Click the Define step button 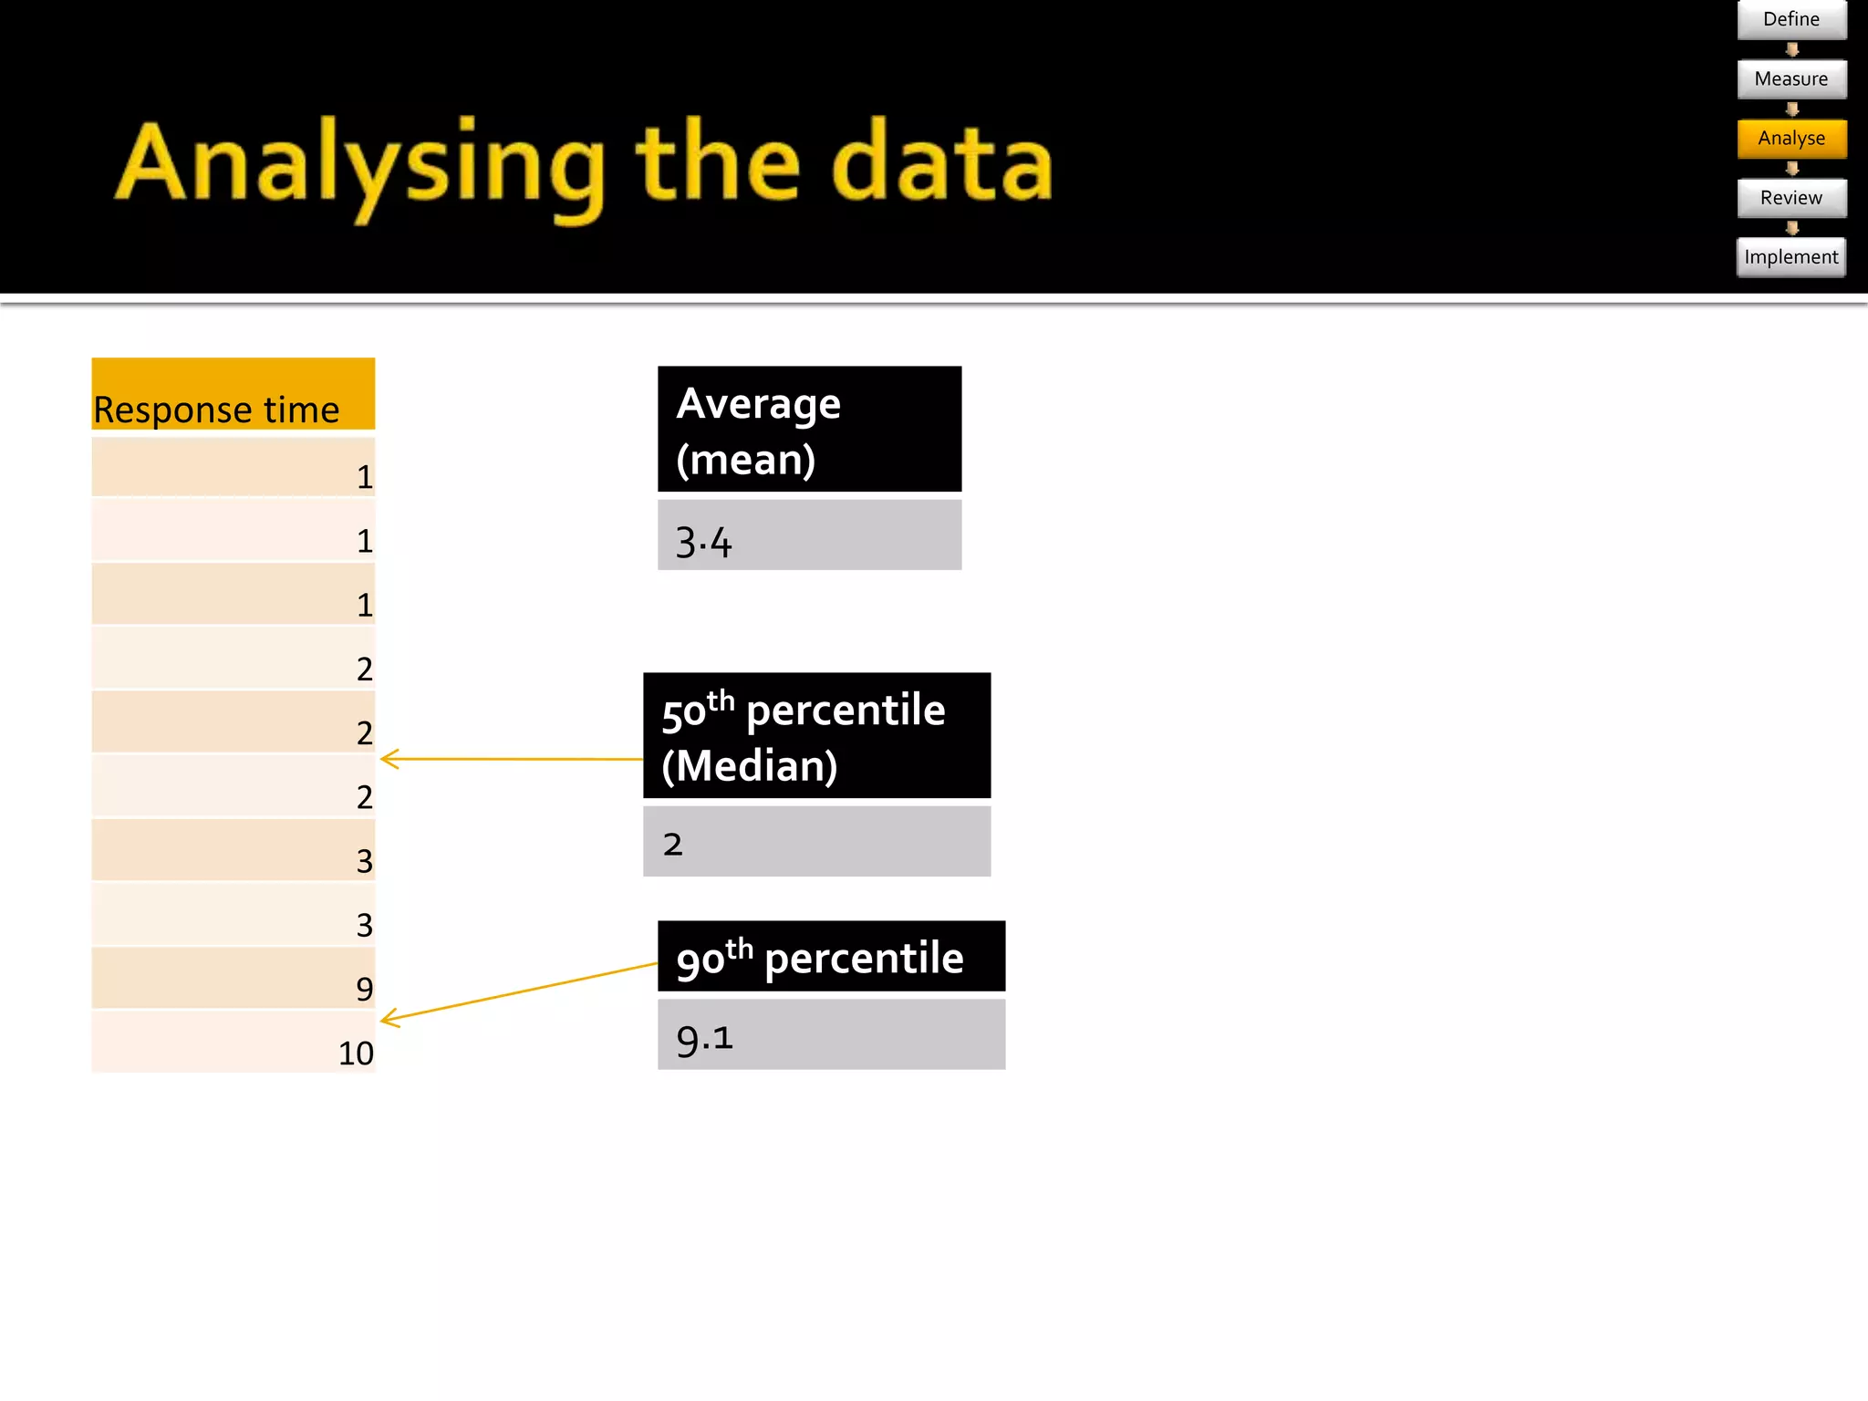pos(1790,19)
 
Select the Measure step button pos(1790,79)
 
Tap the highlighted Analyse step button pos(1790,139)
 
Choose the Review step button pos(1790,198)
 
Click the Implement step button pos(1790,257)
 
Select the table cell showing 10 pos(233,1043)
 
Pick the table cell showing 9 pos(233,979)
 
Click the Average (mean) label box pos(809,430)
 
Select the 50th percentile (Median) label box pos(816,736)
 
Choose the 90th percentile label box pos(831,957)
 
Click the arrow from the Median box pos(511,759)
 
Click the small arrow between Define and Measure pos(1791,49)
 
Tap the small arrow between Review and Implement pos(1791,228)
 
